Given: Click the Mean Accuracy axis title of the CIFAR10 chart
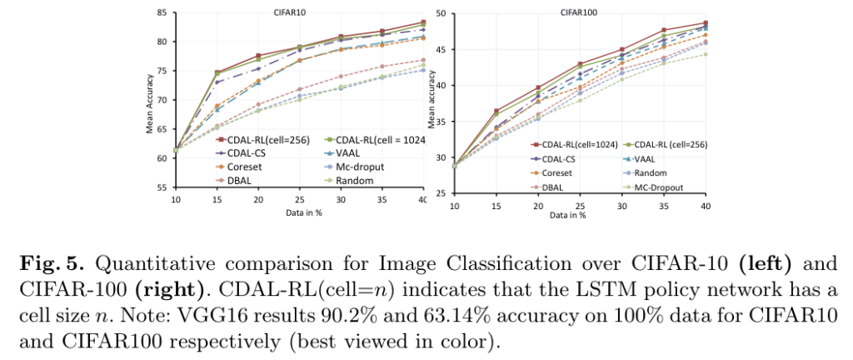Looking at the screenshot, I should (x=151, y=102).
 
